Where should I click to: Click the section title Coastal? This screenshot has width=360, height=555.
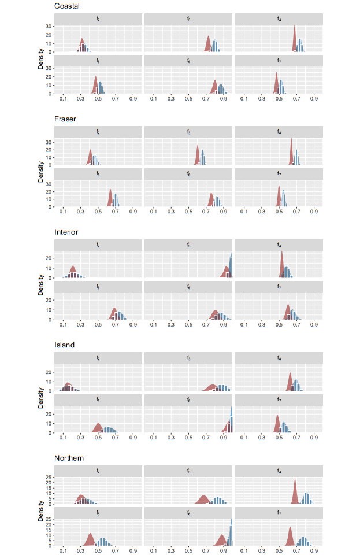(67, 6)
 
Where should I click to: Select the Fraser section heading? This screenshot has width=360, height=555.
(65, 119)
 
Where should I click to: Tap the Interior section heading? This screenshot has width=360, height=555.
(66, 232)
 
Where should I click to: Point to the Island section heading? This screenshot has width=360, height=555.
(64, 345)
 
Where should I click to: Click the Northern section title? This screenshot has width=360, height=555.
(69, 458)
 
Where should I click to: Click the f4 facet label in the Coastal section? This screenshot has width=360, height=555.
(279, 19)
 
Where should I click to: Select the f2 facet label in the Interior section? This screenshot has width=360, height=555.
(98, 246)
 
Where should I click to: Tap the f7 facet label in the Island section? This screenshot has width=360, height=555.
(279, 400)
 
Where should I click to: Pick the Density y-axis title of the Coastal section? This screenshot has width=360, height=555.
(40, 61)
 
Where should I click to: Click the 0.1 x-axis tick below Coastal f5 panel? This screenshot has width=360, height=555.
(63, 99)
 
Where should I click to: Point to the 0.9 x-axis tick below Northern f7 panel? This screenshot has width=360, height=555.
(314, 551)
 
